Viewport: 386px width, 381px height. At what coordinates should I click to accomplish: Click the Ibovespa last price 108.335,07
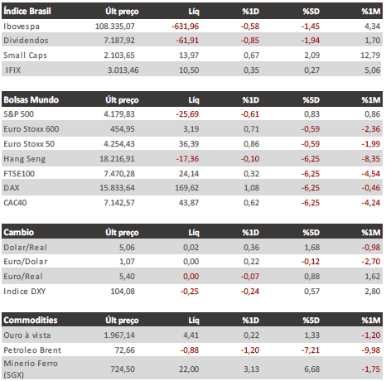coord(115,27)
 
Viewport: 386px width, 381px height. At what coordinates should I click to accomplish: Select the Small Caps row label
coord(25,55)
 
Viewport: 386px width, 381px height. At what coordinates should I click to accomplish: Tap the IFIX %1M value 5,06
coord(372,70)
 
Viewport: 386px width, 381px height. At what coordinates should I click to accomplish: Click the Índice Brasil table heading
coord(27,12)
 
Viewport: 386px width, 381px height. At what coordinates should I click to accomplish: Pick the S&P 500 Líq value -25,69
coord(187,114)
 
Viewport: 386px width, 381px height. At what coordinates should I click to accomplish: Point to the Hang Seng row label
coord(24,159)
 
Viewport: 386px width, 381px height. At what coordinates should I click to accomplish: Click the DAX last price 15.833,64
coord(117,188)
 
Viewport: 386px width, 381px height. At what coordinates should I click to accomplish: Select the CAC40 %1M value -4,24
coord(371,203)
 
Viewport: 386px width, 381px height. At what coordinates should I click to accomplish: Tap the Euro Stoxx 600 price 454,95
coord(123,129)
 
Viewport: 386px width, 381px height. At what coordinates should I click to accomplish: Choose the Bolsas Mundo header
coord(31,99)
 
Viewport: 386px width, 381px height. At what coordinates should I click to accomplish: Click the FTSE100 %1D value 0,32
coord(251,174)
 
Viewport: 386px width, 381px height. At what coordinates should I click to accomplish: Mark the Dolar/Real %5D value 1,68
coord(311,248)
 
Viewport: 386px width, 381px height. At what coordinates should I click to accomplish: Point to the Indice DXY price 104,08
coord(123,292)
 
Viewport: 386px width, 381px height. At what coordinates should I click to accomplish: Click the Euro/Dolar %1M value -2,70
coord(371,262)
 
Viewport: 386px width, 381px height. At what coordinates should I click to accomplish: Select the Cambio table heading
coord(18,232)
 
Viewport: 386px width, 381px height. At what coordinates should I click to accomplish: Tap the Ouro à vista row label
coord(27,335)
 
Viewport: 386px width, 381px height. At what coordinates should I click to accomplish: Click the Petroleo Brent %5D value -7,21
coord(311,350)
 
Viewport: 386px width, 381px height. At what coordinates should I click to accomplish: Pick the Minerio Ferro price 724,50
coord(123,369)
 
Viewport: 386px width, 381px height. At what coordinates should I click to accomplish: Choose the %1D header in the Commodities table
coord(251,321)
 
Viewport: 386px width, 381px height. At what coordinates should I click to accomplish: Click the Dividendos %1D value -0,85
coord(250,41)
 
